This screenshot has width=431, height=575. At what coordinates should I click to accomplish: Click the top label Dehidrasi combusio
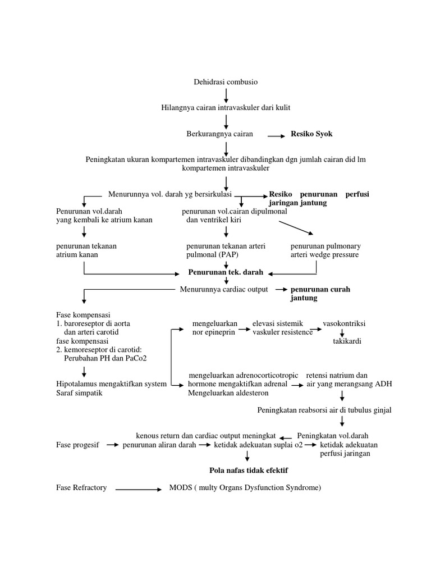[x=225, y=82]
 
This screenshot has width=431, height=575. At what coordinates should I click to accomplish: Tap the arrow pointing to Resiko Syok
[x=276, y=135]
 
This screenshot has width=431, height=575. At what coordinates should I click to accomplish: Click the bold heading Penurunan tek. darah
[x=226, y=272]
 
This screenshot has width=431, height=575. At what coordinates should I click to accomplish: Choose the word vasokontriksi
[x=344, y=324]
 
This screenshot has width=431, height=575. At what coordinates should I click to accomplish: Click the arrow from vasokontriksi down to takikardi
[x=342, y=332]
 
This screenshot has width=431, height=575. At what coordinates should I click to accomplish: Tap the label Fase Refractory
[x=82, y=487]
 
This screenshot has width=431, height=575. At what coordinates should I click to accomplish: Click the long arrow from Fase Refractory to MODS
[x=139, y=489]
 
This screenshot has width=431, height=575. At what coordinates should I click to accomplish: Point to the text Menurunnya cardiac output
[x=223, y=289]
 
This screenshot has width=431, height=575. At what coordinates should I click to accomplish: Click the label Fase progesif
[x=78, y=445]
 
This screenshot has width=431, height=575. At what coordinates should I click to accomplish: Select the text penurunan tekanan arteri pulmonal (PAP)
[x=226, y=250]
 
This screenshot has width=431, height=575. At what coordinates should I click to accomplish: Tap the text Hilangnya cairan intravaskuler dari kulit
[x=226, y=107]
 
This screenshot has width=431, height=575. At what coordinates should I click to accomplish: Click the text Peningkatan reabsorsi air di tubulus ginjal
[x=324, y=410]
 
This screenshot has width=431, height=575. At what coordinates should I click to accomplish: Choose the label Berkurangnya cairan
[x=219, y=134]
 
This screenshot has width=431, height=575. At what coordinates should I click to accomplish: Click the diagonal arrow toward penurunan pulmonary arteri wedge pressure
[x=297, y=227]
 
